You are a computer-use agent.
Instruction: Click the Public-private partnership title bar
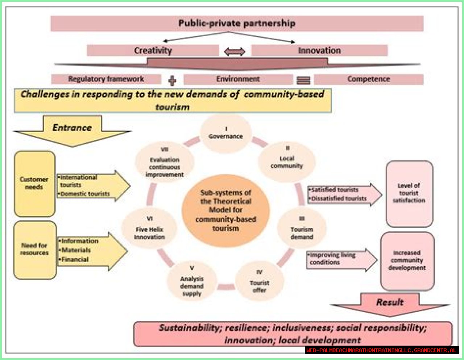pyautogui.click(x=237, y=24)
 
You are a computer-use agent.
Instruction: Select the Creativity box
pyautogui.click(x=153, y=50)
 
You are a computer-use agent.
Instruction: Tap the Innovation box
pyautogui.click(x=319, y=50)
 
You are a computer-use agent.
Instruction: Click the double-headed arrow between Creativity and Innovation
pyautogui.click(x=235, y=51)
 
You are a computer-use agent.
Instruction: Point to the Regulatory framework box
pyautogui.click(x=106, y=79)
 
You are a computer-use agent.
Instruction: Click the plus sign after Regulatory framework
pyautogui.click(x=173, y=80)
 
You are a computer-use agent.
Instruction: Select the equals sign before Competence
pyautogui.click(x=303, y=80)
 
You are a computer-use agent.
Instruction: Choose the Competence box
pyautogui.click(x=369, y=79)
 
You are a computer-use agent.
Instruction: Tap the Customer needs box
pyautogui.click(x=34, y=183)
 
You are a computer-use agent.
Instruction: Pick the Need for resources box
pyautogui.click(x=34, y=250)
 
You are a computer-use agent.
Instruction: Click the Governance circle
pyautogui.click(x=225, y=133)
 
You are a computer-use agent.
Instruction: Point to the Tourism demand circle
pyautogui.click(x=302, y=229)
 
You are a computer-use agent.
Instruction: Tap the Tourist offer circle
pyautogui.click(x=259, y=282)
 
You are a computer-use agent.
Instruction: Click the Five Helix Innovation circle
pyautogui.click(x=149, y=229)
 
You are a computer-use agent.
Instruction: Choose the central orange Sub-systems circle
pyautogui.click(x=225, y=210)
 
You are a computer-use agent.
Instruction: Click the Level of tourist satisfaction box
pyautogui.click(x=409, y=193)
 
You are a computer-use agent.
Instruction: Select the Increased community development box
pyautogui.click(x=407, y=260)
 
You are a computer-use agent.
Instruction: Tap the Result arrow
pyautogui.click(x=390, y=304)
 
